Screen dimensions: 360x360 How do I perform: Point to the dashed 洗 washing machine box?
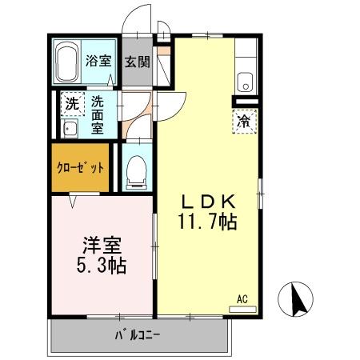(72, 104)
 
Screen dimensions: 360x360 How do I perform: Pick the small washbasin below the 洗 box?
(68, 129)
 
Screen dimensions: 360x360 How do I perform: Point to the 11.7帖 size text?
(206, 222)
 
